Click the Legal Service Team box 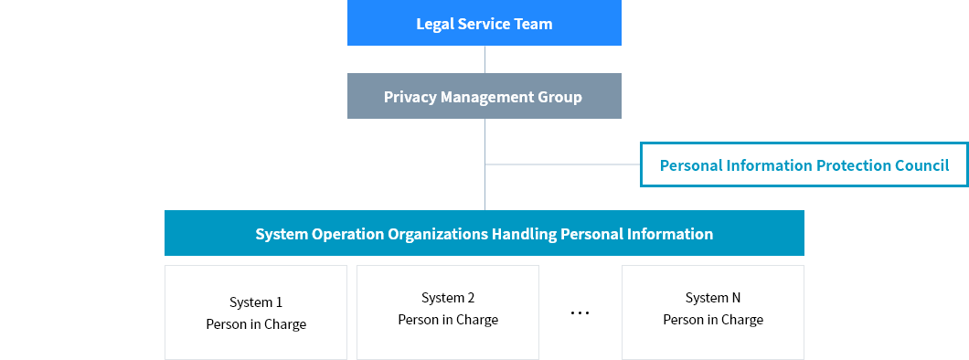[484, 24]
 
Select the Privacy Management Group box [484, 96]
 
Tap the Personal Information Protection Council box [804, 165]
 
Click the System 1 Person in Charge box [256, 312]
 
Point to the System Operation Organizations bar [484, 234]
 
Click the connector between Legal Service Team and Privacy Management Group [484, 59]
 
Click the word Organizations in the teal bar [438, 234]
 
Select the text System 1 [256, 302]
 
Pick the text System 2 [448, 298]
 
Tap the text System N [713, 298]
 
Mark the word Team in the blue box [533, 24]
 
